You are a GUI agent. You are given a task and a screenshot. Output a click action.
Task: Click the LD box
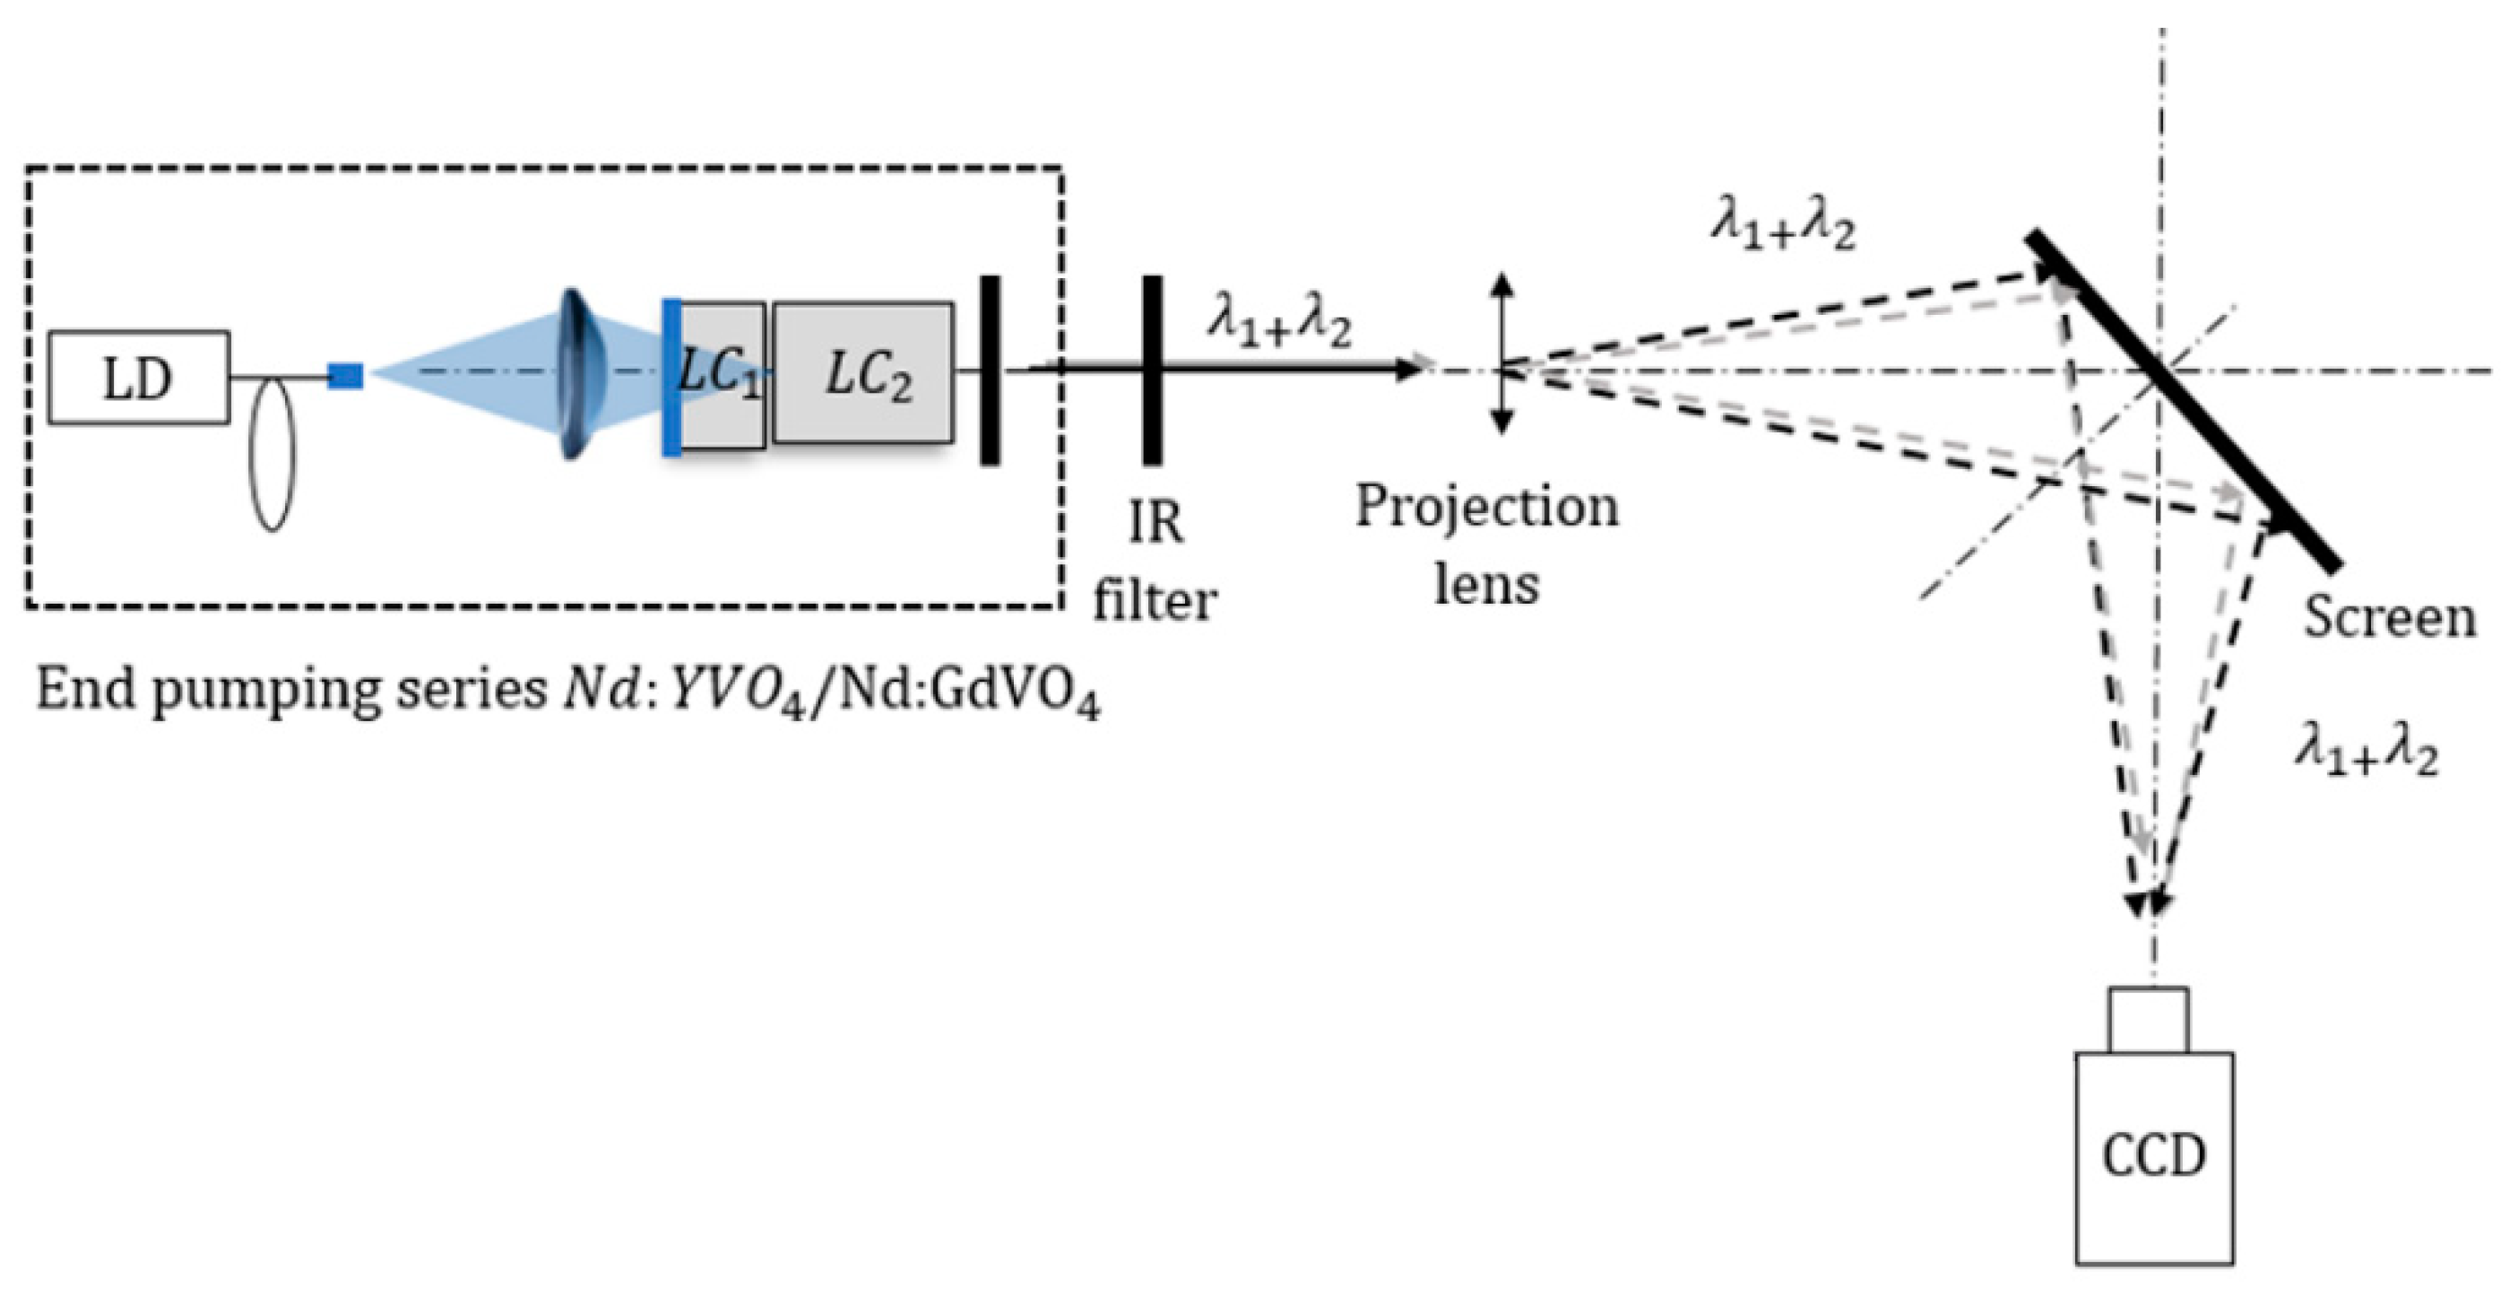[139, 379]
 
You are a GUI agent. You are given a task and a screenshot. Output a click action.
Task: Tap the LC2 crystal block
[863, 373]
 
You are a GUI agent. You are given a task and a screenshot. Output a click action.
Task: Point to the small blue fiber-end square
[345, 376]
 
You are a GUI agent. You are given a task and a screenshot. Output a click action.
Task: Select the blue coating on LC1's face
[671, 378]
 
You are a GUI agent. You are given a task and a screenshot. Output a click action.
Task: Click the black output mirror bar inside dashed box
[990, 370]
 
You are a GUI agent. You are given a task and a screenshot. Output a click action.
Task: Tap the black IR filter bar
[1153, 370]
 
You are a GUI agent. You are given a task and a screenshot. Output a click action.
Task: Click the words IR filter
[1155, 562]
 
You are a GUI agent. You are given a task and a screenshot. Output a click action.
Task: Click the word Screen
[2389, 619]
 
